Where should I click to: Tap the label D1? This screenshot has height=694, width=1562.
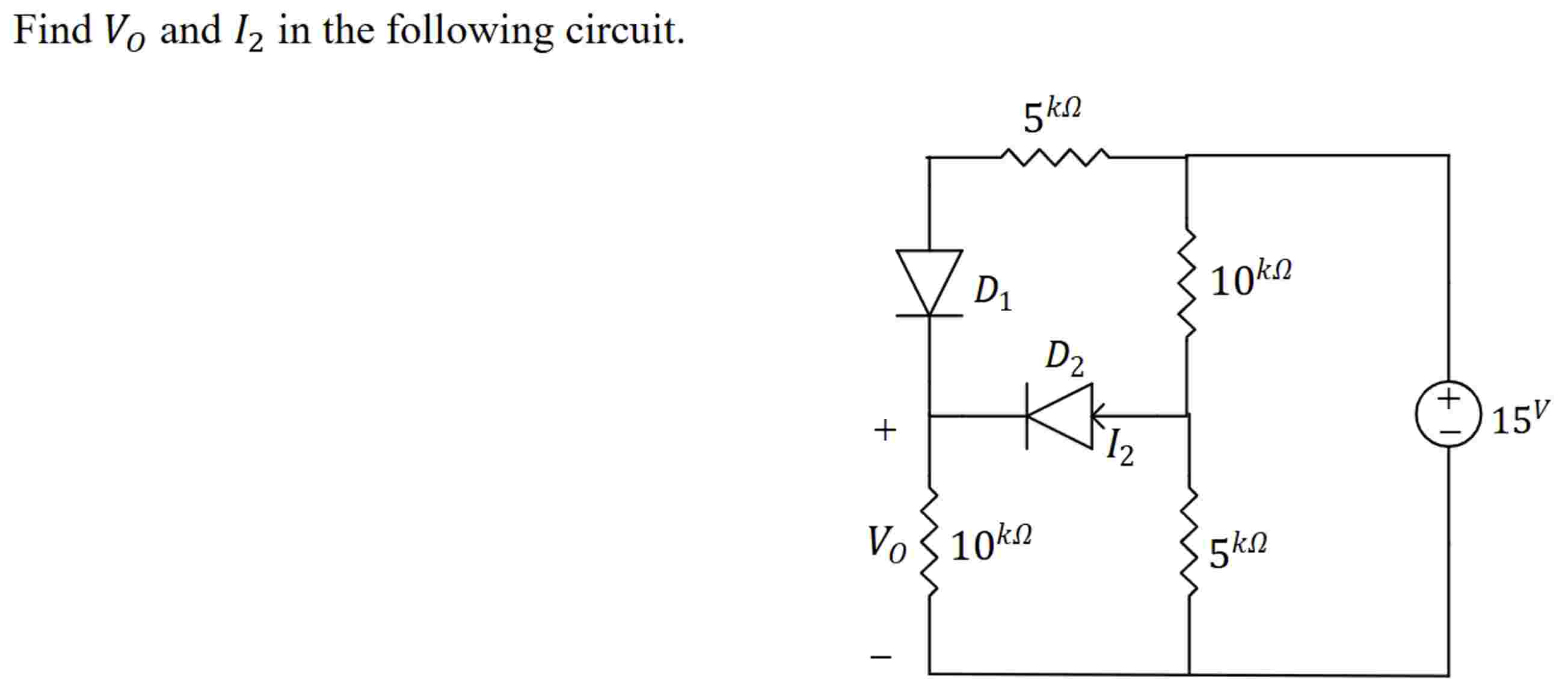tap(992, 293)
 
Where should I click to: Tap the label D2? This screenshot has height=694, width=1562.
tap(1064, 358)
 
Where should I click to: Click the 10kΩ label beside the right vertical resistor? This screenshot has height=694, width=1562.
tap(1250, 279)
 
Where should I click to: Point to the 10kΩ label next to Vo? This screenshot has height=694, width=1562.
tap(990, 542)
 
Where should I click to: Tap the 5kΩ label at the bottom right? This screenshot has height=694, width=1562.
tap(1237, 549)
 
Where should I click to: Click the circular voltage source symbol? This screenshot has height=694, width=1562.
tap(1448, 414)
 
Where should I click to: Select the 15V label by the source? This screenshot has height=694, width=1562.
tap(1519, 417)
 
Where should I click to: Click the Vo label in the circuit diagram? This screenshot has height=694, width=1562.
tap(887, 543)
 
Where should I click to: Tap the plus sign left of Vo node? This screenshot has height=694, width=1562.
tap(885, 430)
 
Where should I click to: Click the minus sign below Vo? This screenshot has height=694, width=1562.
tap(881, 657)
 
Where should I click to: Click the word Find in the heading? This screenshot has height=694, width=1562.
tap(52, 30)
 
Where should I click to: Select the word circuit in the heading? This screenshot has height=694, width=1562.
tap(624, 30)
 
